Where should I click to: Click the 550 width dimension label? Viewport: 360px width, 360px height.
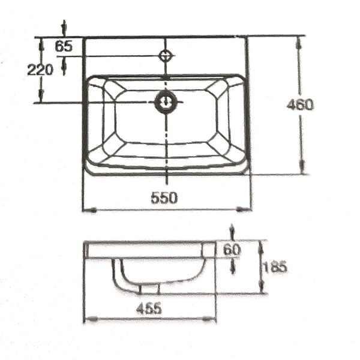pos(164,199)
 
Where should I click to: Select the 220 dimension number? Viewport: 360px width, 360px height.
pos(40,69)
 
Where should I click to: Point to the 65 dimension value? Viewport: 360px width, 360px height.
pos(64,46)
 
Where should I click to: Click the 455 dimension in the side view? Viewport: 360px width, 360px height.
pos(148,308)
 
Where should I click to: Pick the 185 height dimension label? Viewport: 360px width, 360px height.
pos(274,267)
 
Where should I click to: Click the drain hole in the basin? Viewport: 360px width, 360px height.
pos(165,102)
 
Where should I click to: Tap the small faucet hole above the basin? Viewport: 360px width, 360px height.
pos(166,56)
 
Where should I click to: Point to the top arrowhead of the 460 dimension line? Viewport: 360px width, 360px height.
pos(300,40)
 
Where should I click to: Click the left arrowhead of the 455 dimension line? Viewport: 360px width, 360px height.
pos(88,320)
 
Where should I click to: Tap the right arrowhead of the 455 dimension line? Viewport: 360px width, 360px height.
pos(212,320)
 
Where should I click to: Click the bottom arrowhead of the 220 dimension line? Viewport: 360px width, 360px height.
pos(41,98)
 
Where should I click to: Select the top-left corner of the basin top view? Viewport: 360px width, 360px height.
pos(84,37)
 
